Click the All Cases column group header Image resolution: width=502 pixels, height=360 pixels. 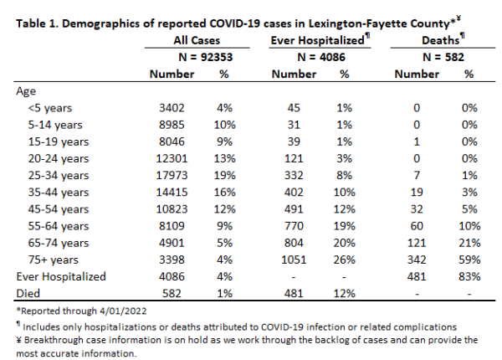pos(197,40)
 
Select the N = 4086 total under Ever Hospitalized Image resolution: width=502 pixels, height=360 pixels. pos(321,57)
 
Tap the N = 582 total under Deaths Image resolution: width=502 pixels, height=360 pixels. pos(443,57)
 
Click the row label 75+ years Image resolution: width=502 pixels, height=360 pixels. pos(54,260)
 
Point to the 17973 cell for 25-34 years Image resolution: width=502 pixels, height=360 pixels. pos(172,176)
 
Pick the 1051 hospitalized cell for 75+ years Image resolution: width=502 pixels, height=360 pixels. pos(294,260)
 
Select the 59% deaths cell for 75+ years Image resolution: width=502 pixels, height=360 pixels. pos(469,260)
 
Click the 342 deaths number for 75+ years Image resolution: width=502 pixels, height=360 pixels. pos(417,260)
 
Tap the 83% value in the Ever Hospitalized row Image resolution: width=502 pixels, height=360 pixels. pos(469,277)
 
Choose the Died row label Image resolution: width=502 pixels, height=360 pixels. pos(28,293)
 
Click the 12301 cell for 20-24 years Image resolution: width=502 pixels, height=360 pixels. pos(172,158)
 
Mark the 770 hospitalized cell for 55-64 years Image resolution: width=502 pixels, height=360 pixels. pos(294,226)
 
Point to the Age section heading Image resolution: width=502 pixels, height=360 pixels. pos(26,91)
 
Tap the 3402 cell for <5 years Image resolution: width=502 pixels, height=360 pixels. pos(172,108)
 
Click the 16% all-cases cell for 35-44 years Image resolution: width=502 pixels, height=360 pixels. pos(225,193)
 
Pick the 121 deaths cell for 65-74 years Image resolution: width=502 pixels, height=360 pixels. pos(417,243)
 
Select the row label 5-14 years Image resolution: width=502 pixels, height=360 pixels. pos(55,125)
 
